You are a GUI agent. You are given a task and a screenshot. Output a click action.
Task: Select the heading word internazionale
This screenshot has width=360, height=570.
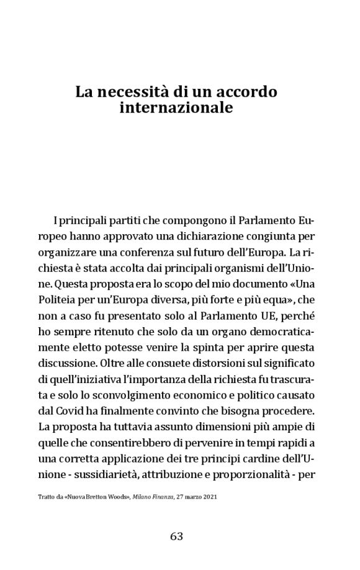pyautogui.click(x=176, y=108)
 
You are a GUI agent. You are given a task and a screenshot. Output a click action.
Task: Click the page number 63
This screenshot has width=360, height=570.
pyautogui.click(x=176, y=537)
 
